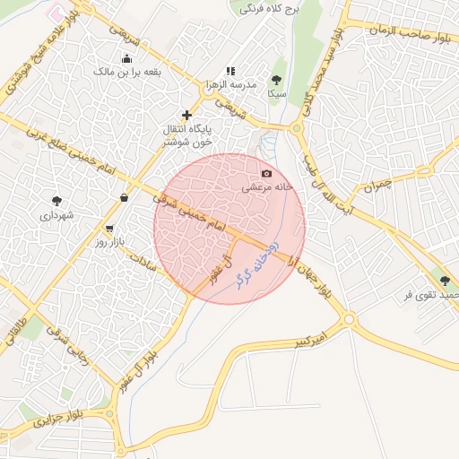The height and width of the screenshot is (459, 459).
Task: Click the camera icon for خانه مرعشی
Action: click(265, 173)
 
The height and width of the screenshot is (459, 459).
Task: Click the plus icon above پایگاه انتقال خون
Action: click(186, 115)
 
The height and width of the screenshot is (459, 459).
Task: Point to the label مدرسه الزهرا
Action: click(231, 84)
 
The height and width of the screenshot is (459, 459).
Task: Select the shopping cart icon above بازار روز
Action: click(109, 229)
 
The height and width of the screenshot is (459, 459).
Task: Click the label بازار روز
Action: click(115, 243)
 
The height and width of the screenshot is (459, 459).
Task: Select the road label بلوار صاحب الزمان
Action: click(401, 30)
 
